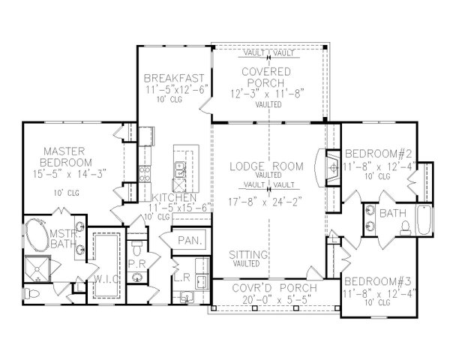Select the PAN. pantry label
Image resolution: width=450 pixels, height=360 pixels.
click(x=188, y=240)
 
